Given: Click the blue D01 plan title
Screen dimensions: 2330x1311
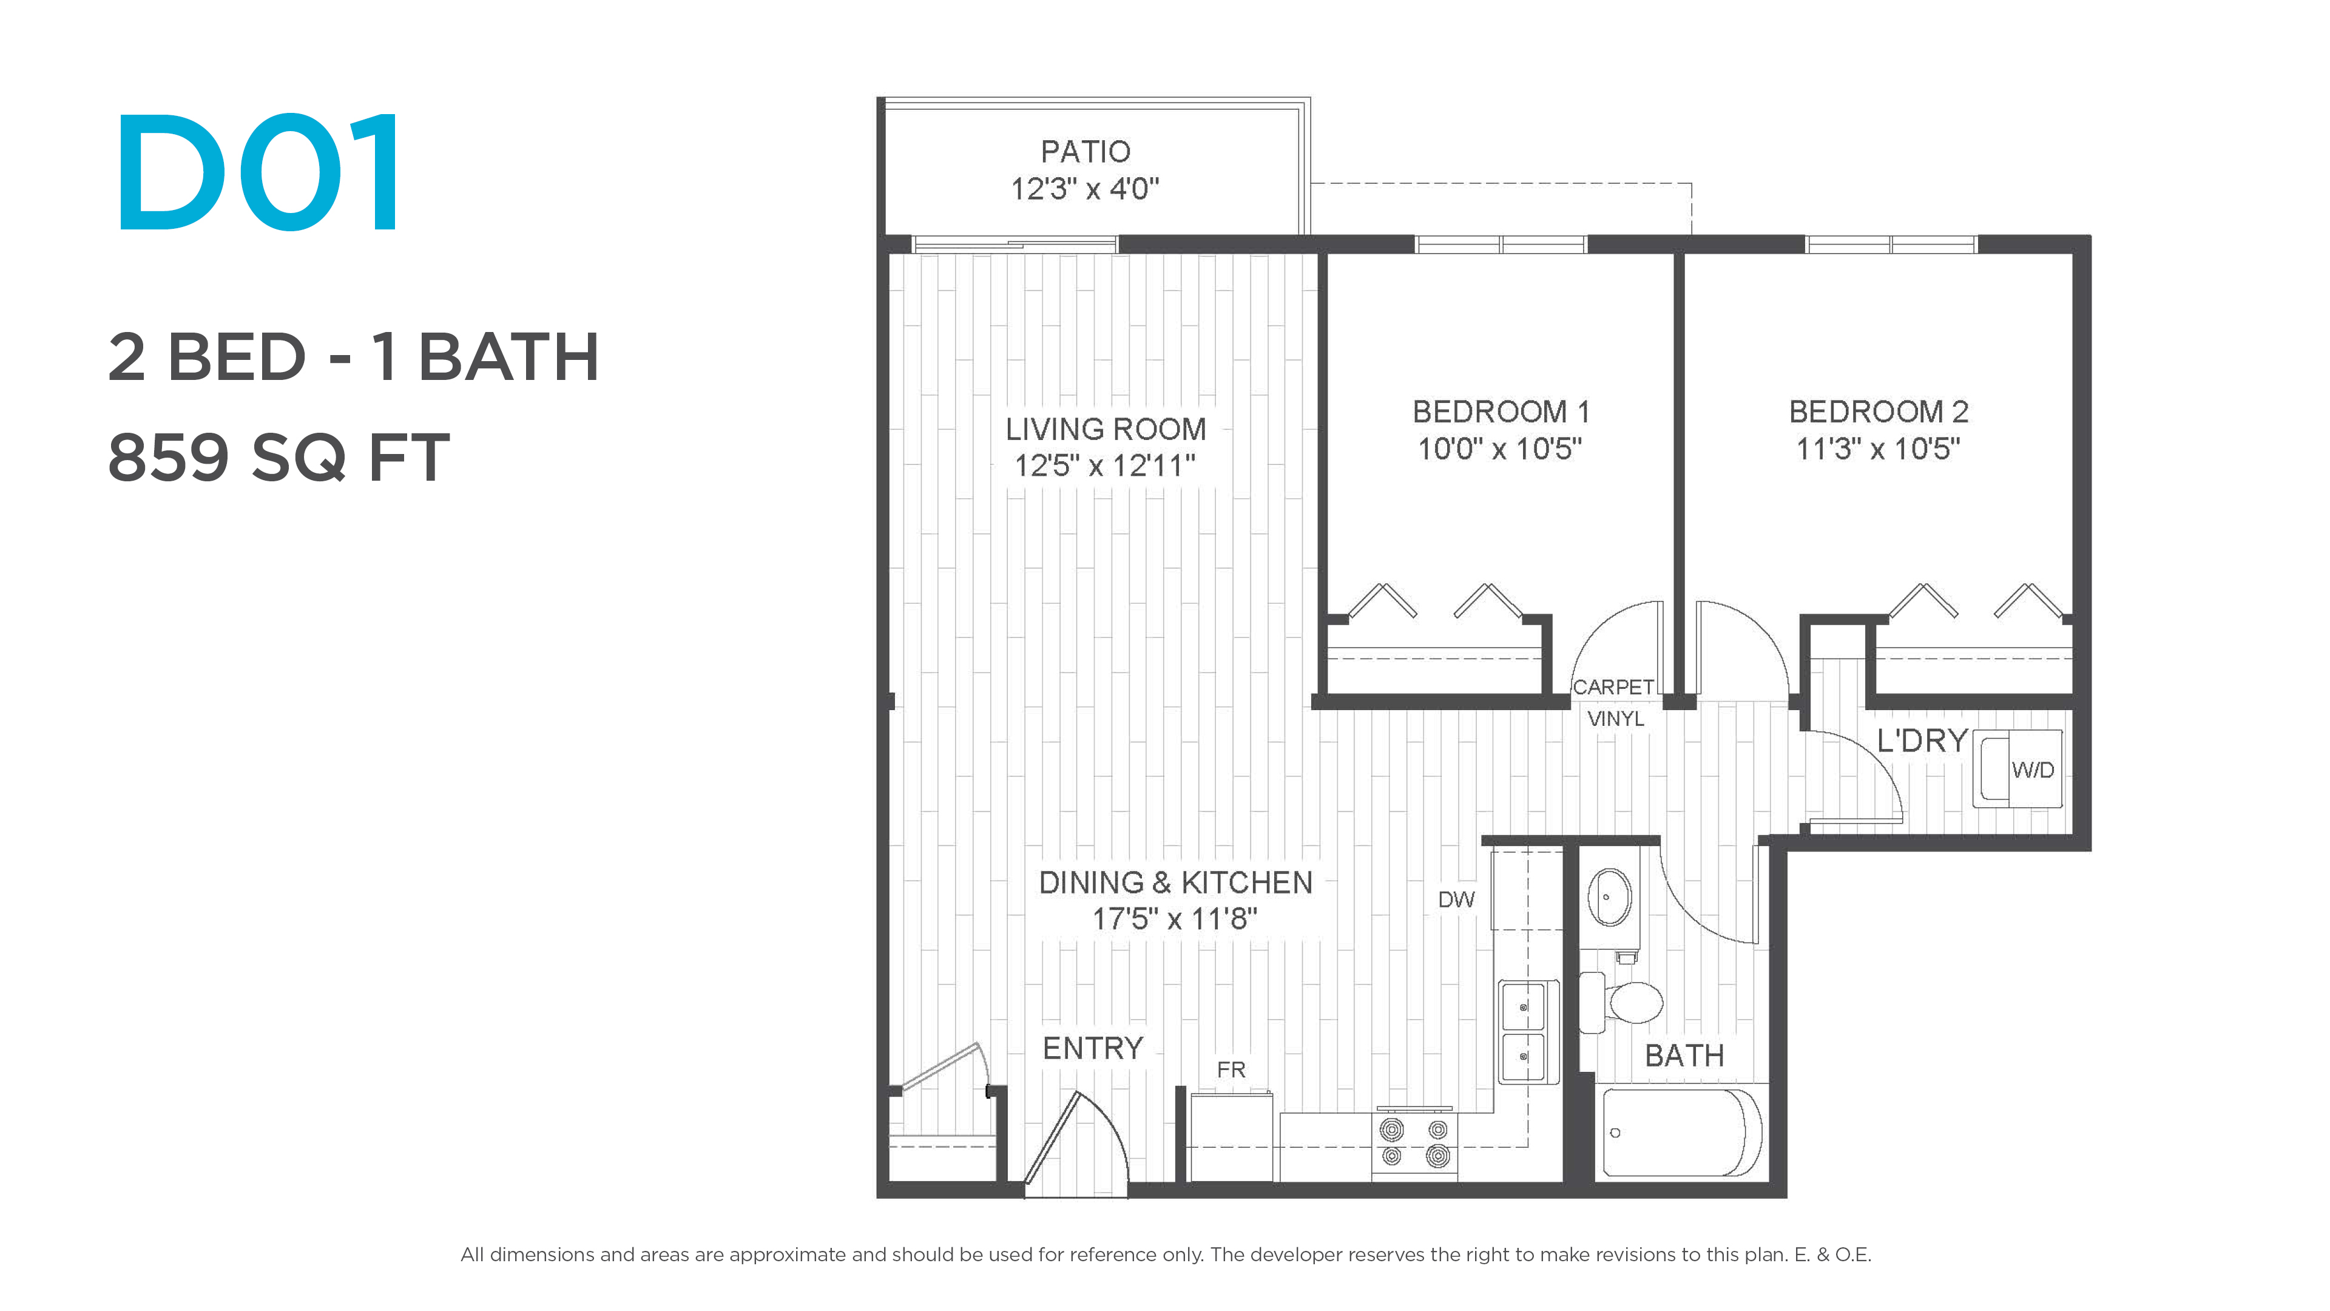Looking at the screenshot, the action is (x=258, y=172).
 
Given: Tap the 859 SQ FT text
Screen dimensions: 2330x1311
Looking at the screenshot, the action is (x=279, y=457).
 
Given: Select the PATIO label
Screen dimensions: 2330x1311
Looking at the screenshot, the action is (x=1086, y=151).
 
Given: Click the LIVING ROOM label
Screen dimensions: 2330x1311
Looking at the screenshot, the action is (x=1106, y=429).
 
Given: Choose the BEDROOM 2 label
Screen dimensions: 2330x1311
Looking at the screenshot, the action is (x=1879, y=412).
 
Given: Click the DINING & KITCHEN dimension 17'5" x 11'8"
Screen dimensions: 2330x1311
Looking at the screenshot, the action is (x=1175, y=920).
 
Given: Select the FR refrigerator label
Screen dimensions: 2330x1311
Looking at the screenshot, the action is (x=1231, y=1069).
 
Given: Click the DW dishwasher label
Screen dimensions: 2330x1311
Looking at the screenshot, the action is (x=1456, y=899).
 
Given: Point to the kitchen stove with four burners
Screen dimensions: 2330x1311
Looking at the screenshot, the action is (x=1414, y=1143).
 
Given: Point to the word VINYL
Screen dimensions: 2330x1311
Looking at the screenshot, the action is (x=1615, y=719).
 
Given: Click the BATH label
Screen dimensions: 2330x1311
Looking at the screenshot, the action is (x=1684, y=1056).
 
